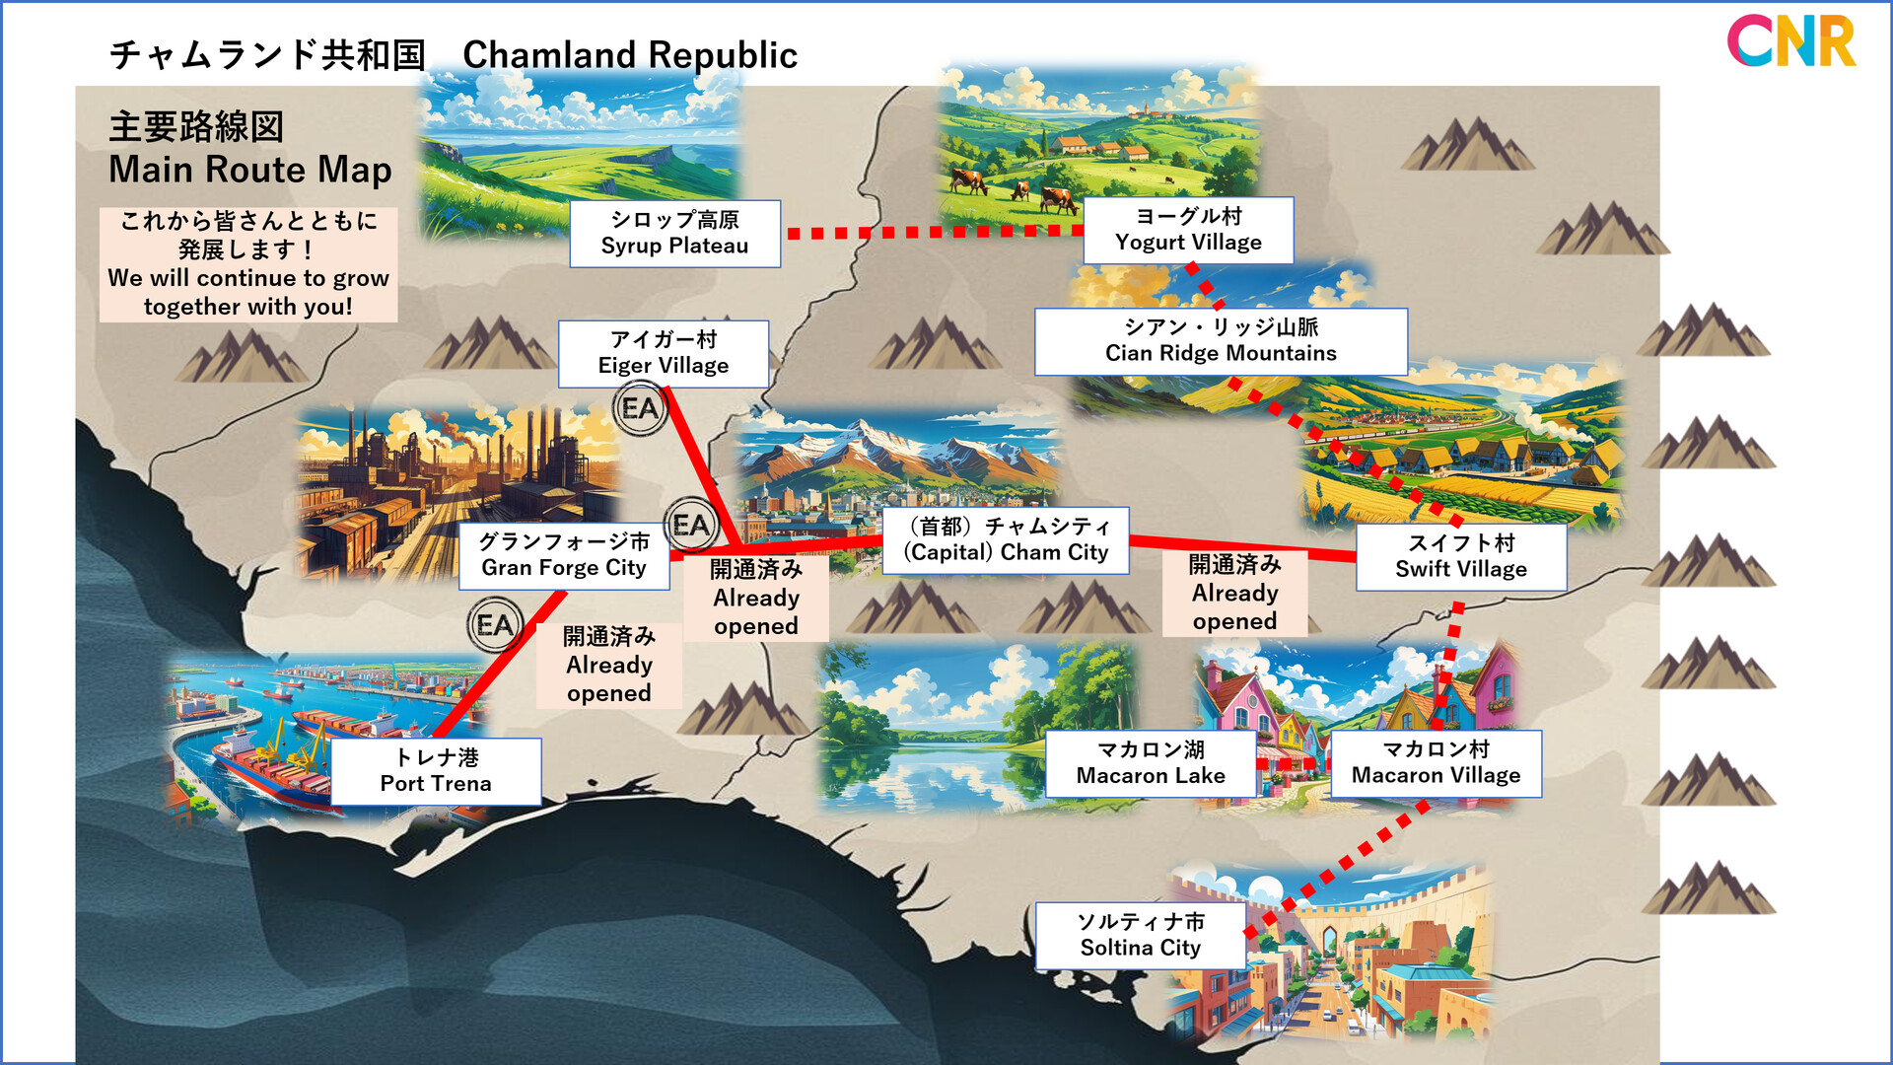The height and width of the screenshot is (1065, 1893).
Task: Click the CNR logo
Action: [1790, 41]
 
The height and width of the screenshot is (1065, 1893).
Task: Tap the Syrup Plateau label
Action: [674, 234]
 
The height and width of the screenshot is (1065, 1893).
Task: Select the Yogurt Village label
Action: [1188, 230]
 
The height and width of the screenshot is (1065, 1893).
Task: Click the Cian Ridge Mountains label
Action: [1221, 341]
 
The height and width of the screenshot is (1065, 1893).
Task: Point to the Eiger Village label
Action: [664, 353]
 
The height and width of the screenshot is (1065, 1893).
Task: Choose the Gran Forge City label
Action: [564, 555]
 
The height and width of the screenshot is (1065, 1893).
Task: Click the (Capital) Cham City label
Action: [1006, 540]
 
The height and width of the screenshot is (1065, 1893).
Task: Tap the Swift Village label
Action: [1460, 556]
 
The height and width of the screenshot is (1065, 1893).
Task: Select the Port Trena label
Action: [436, 771]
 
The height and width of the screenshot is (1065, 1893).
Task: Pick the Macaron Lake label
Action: [1151, 763]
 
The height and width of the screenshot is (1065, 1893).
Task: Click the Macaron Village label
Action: [1436, 763]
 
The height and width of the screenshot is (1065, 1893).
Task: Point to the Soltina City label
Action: [1141, 935]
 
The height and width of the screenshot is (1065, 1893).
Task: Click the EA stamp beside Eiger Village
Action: [640, 408]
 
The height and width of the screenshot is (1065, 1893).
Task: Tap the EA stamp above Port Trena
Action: [495, 625]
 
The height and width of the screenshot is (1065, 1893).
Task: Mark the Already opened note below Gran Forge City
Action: [609, 665]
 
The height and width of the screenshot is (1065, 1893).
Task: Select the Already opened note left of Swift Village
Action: [1234, 593]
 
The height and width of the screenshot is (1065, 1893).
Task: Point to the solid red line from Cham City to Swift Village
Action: [1242, 546]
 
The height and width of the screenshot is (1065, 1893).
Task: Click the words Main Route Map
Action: [250, 170]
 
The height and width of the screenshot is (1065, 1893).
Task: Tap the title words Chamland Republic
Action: [630, 55]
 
